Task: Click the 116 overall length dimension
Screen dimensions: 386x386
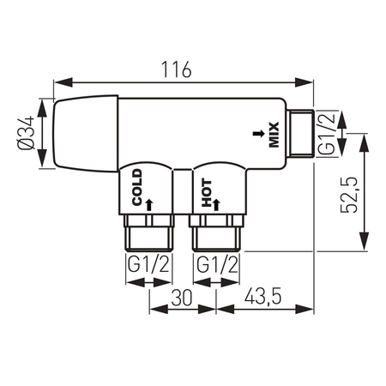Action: [x=177, y=69]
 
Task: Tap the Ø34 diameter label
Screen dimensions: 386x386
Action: [x=26, y=133]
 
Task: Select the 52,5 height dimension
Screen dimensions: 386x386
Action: [x=349, y=195]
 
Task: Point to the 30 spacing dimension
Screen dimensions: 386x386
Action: [x=182, y=298]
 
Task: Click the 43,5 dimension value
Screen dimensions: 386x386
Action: [x=263, y=297]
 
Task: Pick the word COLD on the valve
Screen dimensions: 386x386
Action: [x=137, y=187]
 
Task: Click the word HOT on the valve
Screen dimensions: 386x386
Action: [x=207, y=193]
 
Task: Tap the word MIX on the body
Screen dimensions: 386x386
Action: [x=274, y=135]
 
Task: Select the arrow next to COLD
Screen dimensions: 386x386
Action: [x=149, y=205]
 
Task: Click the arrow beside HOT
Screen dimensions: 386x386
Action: [x=216, y=205]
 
